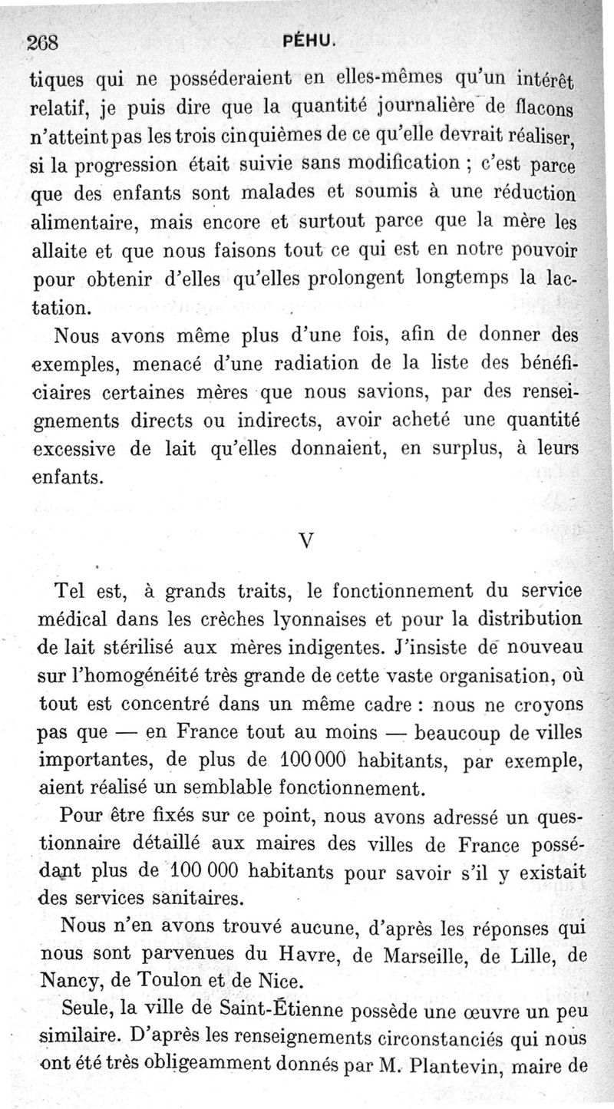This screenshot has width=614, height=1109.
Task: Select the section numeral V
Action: [x=306, y=540]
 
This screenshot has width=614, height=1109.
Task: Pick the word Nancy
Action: [x=71, y=981]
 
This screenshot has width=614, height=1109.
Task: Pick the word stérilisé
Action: [x=147, y=647]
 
